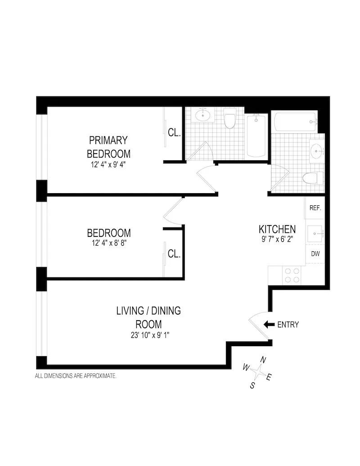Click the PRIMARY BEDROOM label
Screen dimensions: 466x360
tap(108, 146)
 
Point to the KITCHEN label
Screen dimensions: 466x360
tap(277, 229)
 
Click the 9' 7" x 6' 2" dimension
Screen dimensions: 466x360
tap(277, 240)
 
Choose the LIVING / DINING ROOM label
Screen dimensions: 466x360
tap(148, 317)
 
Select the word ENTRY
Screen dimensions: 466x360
tap(288, 324)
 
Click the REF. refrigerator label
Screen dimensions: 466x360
tap(315, 208)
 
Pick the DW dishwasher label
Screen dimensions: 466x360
tap(315, 254)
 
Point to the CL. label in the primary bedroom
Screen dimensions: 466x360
tap(174, 133)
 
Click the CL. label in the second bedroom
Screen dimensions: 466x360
tap(174, 254)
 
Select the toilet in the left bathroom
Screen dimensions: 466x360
tap(229, 119)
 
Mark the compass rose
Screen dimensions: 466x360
tap(258, 372)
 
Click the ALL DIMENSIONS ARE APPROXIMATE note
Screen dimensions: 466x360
tap(76, 375)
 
